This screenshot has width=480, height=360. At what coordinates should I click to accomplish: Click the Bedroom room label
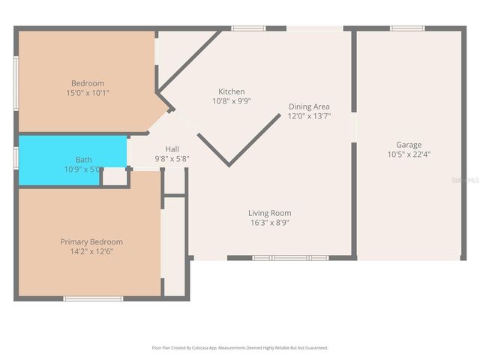[x=88, y=83]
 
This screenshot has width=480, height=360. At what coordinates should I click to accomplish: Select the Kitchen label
[x=231, y=91]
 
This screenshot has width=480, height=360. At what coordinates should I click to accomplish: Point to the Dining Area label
[x=309, y=106]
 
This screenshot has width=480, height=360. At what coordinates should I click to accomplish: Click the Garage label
[x=409, y=145]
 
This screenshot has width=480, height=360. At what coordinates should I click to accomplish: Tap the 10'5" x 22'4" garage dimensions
[x=409, y=154]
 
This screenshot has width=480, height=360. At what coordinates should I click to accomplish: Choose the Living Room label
[x=271, y=213]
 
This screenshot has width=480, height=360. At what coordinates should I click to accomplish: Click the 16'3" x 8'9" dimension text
[x=271, y=223]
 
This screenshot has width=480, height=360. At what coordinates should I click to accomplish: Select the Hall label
[x=172, y=149]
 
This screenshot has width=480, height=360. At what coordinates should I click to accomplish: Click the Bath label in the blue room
[x=83, y=160]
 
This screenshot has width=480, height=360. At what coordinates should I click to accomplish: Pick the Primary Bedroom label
[x=91, y=242]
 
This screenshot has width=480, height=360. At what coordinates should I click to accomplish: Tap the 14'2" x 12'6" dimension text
[x=91, y=252]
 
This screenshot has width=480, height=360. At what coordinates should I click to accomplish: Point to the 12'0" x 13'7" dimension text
[x=309, y=116]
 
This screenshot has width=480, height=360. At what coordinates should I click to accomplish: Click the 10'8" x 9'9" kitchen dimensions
[x=231, y=101]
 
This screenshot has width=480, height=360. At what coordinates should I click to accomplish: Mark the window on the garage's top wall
[x=408, y=28]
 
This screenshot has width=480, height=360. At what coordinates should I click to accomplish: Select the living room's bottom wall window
[x=289, y=258]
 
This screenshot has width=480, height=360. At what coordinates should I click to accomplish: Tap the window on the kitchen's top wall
[x=248, y=28]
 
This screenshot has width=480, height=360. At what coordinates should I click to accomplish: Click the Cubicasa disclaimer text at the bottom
[x=240, y=348]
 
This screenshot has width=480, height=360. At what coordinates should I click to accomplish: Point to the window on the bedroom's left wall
[x=16, y=73]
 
